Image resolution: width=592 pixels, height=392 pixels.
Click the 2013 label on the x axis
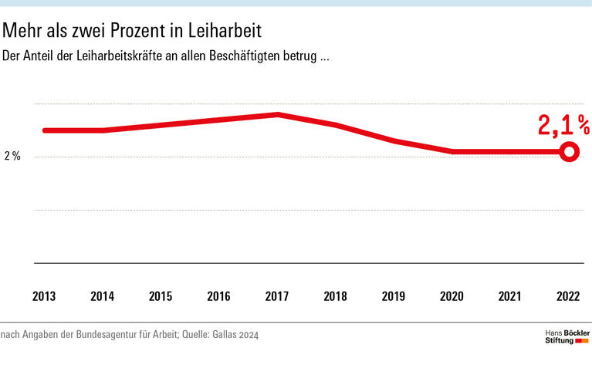coord(44,296)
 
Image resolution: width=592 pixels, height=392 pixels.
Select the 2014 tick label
coord(103,296)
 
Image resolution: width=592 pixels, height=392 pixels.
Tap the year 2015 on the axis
coord(161,296)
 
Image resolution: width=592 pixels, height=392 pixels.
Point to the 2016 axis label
coord(219,296)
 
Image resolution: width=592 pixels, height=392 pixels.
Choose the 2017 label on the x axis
coord(277,296)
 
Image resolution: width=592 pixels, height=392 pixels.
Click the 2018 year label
coord(336,296)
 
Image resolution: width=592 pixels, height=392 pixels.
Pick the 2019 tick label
coord(394,296)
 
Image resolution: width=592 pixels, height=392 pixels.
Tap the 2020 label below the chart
coord(452,296)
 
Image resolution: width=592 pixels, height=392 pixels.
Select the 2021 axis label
coord(510,296)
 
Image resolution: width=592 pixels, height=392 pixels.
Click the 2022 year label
coord(568,296)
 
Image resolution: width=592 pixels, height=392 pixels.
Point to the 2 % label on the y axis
coord(12,157)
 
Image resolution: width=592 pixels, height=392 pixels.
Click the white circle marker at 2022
coord(569,152)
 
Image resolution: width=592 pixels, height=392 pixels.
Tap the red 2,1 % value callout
coord(563,125)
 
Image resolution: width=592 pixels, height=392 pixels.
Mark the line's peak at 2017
coord(278,115)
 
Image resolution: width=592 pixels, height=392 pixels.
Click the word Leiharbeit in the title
coord(226,32)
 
